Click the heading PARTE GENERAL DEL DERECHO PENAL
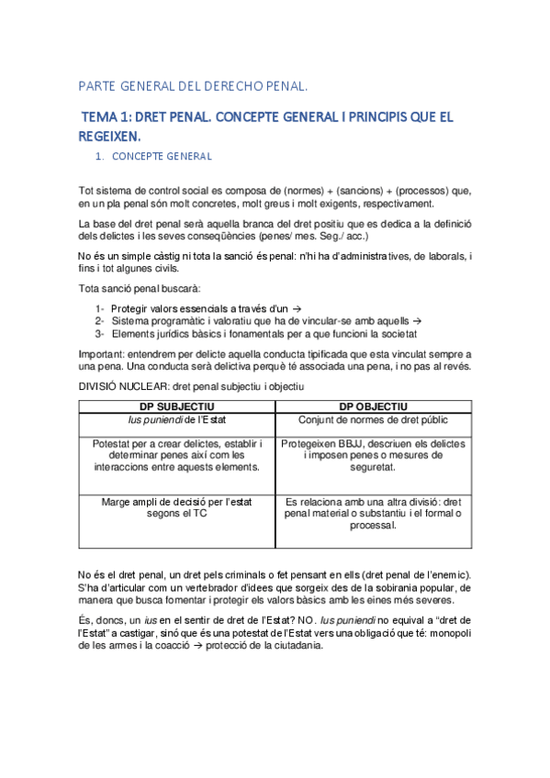pos(191,88)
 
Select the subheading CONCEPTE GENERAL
pos(162,157)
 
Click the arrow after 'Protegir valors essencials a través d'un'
pos(309,309)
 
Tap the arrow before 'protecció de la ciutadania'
pos(212,645)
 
